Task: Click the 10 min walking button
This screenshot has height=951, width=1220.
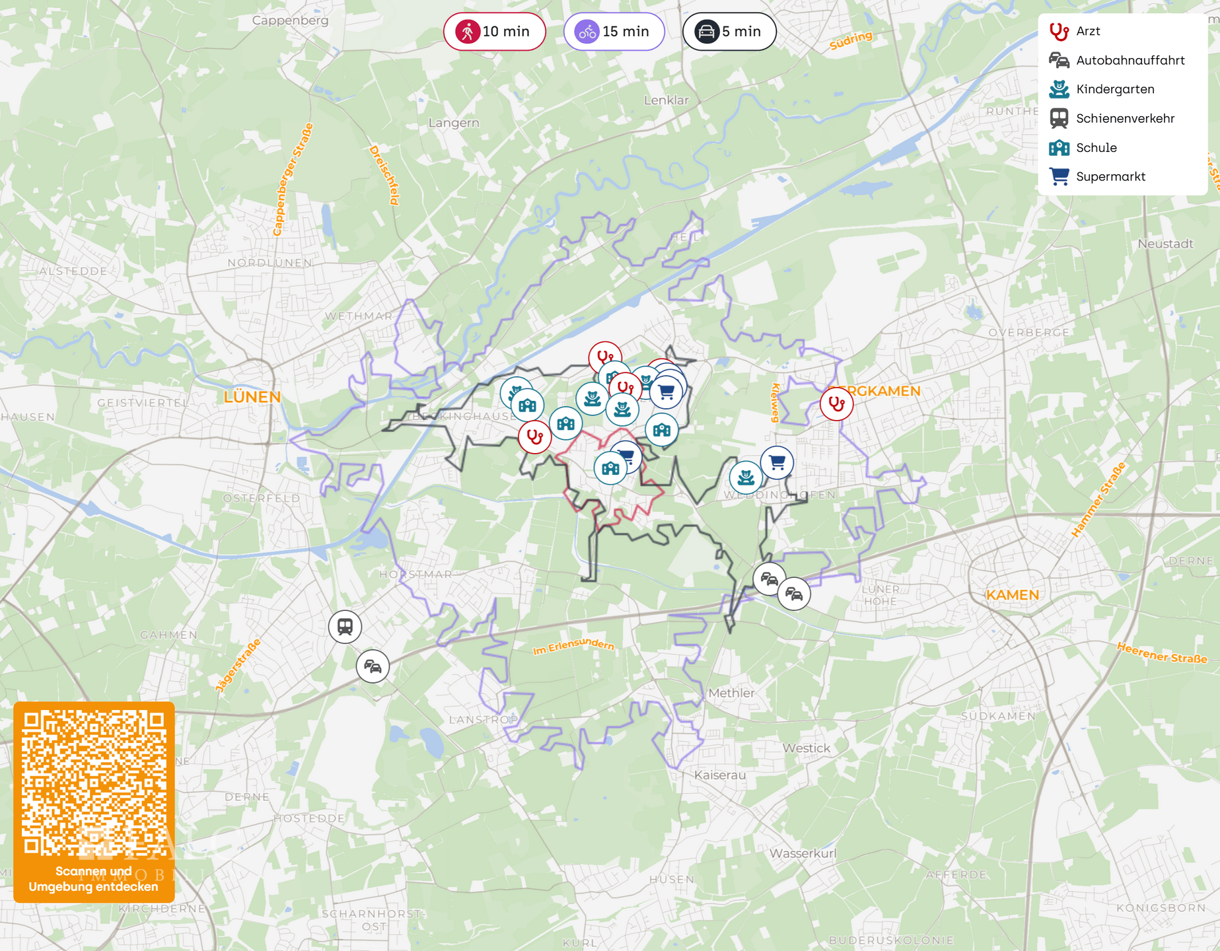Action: pyautogui.click(x=494, y=31)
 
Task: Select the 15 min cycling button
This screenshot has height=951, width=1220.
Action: pyautogui.click(x=614, y=31)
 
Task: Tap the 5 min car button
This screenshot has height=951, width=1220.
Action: pyautogui.click(x=729, y=31)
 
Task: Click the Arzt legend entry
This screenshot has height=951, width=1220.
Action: pyautogui.click(x=1087, y=31)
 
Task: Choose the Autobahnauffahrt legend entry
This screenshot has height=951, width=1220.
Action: pyautogui.click(x=1130, y=60)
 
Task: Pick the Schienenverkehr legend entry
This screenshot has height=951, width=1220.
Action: pyautogui.click(x=1124, y=118)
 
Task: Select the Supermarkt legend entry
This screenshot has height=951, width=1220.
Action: pyautogui.click(x=1110, y=176)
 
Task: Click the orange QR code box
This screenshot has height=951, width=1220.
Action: pyautogui.click(x=94, y=801)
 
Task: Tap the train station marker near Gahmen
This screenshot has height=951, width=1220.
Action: pyautogui.click(x=345, y=626)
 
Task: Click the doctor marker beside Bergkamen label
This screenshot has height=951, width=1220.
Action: pyautogui.click(x=836, y=403)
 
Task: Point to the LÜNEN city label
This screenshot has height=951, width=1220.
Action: pyautogui.click(x=252, y=397)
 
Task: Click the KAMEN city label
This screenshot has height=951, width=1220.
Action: pyautogui.click(x=1012, y=594)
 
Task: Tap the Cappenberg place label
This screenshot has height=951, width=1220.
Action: pyautogui.click(x=290, y=20)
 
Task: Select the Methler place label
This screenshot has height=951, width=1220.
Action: pyautogui.click(x=731, y=693)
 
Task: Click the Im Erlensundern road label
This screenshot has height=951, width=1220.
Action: pyautogui.click(x=573, y=647)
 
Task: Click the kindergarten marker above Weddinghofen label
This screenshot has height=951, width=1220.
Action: pyautogui.click(x=745, y=476)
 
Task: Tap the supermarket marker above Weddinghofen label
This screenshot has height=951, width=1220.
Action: pyautogui.click(x=777, y=462)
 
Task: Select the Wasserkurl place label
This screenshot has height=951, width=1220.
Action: pyautogui.click(x=803, y=853)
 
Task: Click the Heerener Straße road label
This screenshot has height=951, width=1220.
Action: pyautogui.click(x=1161, y=653)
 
